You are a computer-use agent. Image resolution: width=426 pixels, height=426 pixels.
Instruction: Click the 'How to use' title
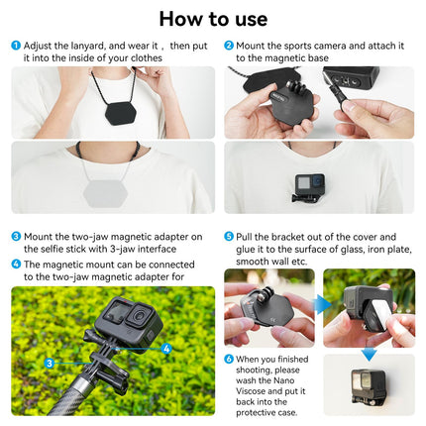pos(212,19)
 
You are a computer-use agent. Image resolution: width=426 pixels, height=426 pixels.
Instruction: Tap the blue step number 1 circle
pos(16,46)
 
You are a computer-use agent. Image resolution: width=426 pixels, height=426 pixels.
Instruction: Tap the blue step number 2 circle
pos(229,46)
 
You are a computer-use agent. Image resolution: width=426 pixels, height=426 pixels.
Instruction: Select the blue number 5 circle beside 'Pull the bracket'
pos(229,237)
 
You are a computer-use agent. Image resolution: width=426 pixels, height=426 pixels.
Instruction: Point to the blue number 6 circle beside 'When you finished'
pos(229,359)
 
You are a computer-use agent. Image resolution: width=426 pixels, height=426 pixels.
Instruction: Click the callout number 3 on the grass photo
pos(49,363)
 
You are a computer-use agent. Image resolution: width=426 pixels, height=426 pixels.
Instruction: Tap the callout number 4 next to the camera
pos(166,348)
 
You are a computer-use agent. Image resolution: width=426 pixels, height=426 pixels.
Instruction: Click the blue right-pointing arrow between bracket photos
pos(323,303)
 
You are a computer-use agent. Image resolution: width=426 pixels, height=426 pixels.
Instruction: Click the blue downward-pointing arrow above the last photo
pos(369,353)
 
